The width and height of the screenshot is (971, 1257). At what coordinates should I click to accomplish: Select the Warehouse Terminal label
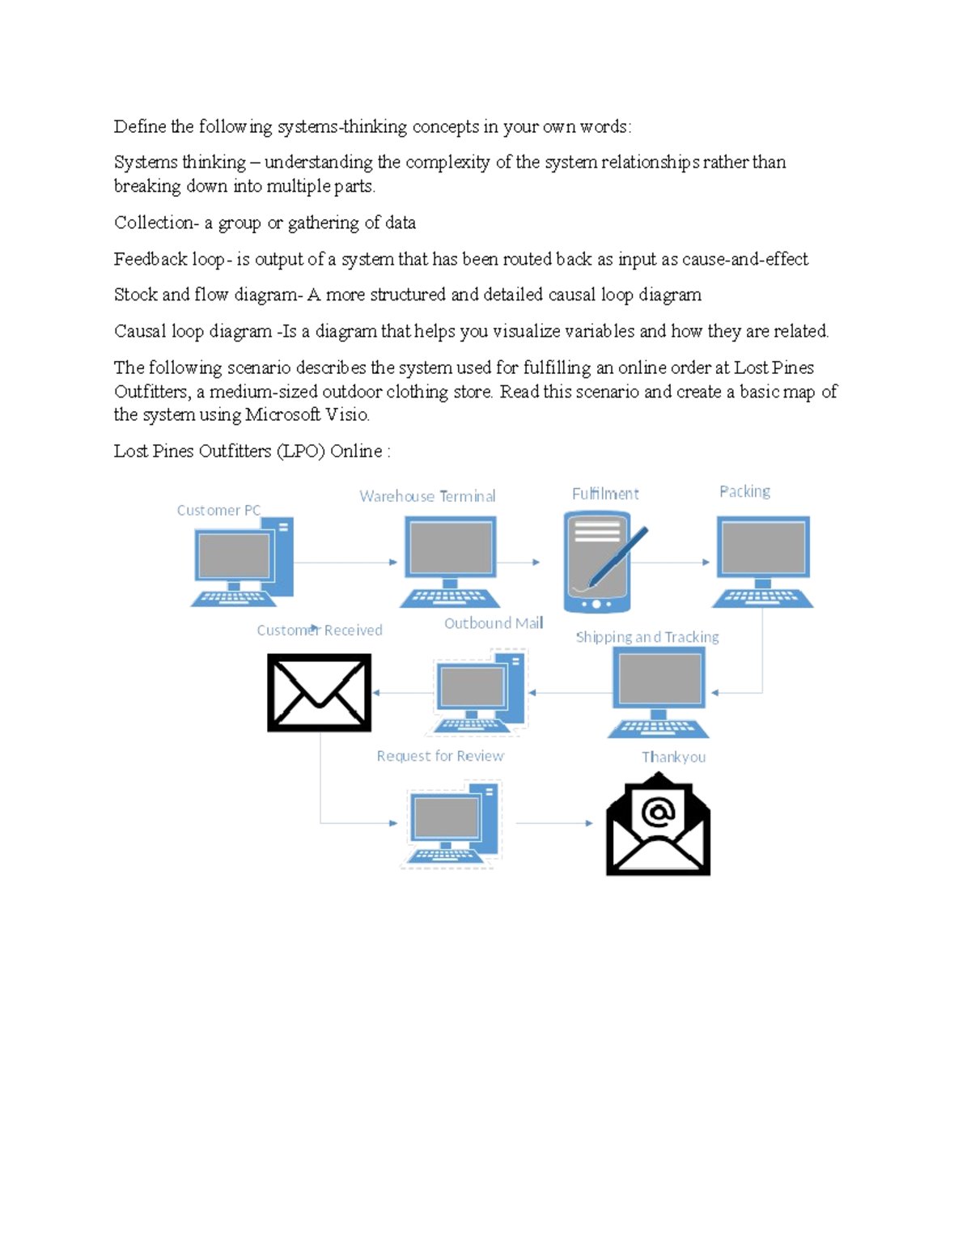[x=427, y=496]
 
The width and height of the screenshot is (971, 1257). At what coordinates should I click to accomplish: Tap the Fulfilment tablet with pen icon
[x=601, y=562]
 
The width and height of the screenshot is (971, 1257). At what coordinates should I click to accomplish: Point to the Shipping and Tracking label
[x=647, y=637]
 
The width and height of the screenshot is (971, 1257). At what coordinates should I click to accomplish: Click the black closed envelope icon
[x=319, y=693]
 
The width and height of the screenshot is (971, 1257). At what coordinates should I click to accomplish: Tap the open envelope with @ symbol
[x=658, y=825]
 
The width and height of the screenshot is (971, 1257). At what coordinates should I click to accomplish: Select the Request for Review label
[x=439, y=756]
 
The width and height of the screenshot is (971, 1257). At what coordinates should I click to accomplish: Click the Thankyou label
[x=673, y=757]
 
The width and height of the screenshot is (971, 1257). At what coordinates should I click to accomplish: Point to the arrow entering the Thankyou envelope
[x=554, y=823]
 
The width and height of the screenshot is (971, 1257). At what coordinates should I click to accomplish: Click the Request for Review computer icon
[x=452, y=823]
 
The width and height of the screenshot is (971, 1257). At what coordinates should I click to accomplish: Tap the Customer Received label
[x=319, y=630]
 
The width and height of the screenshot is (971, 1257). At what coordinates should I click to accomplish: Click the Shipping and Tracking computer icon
[x=658, y=693]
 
